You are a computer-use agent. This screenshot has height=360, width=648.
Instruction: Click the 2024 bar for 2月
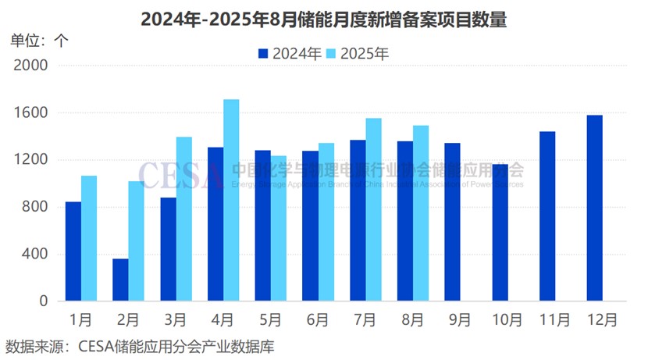(120, 280)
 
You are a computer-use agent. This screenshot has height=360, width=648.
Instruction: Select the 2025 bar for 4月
(231, 200)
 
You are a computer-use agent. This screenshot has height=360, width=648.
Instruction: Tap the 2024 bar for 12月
(594, 208)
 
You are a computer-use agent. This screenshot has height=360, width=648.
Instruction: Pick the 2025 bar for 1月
(89, 238)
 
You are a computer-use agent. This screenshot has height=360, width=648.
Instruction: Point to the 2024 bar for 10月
(500, 233)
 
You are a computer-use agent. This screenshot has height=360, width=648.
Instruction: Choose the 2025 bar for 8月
(421, 213)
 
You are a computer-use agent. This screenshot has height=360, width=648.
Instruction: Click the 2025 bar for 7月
(373, 209)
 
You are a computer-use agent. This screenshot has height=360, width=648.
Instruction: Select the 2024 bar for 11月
(547, 216)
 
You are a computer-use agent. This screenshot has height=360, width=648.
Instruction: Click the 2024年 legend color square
(263, 54)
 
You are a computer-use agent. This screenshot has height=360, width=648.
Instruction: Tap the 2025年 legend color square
(330, 54)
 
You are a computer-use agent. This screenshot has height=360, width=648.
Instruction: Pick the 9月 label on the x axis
(460, 320)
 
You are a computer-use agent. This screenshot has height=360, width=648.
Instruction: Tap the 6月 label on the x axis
(318, 320)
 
